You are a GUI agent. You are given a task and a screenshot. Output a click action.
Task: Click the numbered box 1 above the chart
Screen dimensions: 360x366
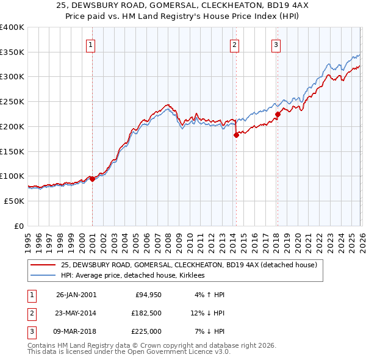[90, 44]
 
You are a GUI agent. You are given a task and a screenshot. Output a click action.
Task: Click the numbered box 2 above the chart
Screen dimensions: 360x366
[234, 44]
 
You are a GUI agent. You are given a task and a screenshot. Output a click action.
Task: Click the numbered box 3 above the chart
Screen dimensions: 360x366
[276, 44]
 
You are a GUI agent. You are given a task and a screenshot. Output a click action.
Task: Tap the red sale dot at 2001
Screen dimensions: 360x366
[92, 179]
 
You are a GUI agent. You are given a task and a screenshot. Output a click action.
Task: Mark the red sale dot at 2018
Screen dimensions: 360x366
[277, 114]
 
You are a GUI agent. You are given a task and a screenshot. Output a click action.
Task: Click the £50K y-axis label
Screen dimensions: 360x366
[14, 201]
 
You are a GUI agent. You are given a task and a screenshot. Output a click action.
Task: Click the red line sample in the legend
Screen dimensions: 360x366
[43, 265]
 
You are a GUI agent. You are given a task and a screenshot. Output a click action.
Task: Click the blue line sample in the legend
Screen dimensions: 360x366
[43, 276]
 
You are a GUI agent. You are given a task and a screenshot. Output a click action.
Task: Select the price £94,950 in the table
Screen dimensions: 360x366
[146, 295]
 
